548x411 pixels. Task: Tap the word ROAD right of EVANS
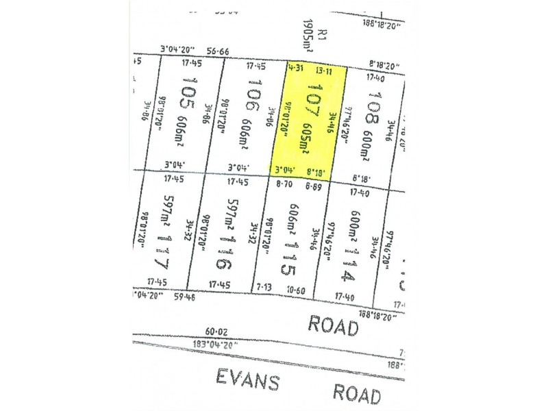pyautogui.click(x=356, y=393)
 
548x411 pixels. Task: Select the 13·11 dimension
pyautogui.click(x=325, y=69)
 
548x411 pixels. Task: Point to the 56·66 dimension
pyautogui.click(x=216, y=50)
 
